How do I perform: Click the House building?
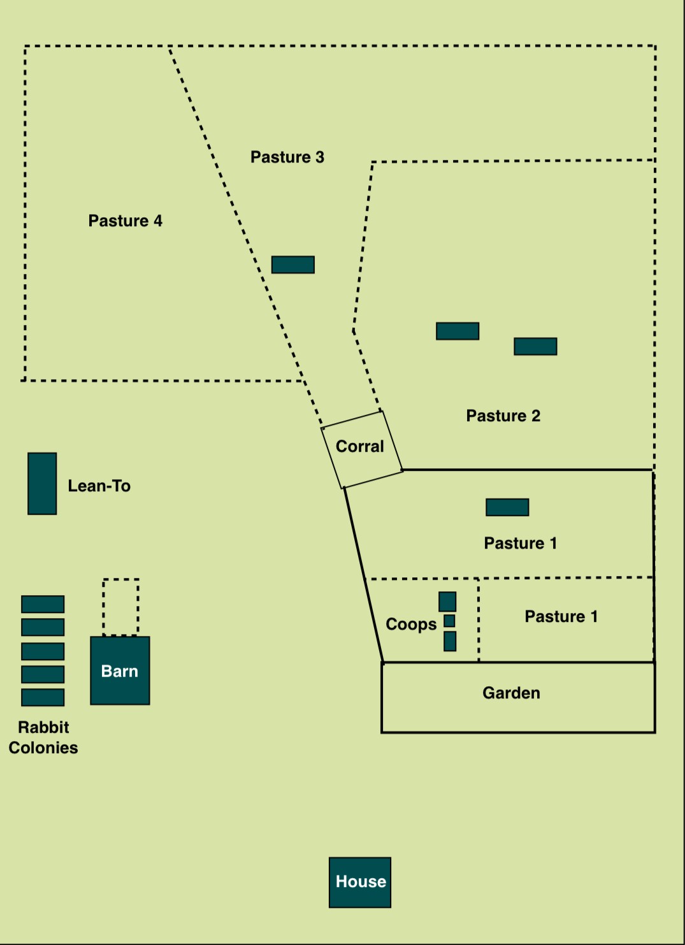[x=360, y=882]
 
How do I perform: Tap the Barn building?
[x=120, y=670]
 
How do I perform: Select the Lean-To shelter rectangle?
[x=42, y=484]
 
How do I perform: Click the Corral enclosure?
[x=361, y=449]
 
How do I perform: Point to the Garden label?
[x=511, y=693]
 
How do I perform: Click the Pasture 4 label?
[x=126, y=221]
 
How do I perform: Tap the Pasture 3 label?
[x=287, y=157]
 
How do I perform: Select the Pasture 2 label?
[x=503, y=416]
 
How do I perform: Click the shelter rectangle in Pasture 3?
[x=293, y=264]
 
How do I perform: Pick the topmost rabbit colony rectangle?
[x=43, y=604]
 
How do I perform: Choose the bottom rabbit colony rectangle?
[x=43, y=697]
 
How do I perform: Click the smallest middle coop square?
[x=449, y=621]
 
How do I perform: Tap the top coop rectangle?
[x=447, y=602]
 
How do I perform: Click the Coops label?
[x=411, y=624]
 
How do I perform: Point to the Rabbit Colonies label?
[x=43, y=737]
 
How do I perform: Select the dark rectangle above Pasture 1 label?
[x=507, y=507]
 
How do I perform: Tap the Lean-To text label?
[x=99, y=486]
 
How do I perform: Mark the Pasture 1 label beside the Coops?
[x=561, y=617]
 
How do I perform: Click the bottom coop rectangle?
[x=450, y=641]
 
